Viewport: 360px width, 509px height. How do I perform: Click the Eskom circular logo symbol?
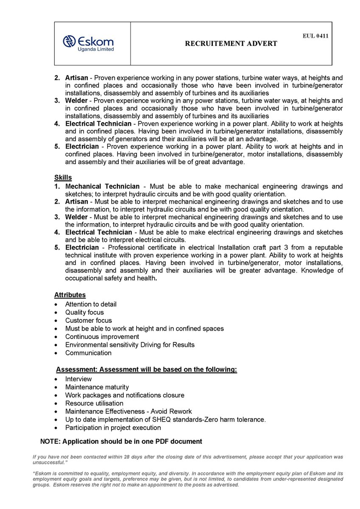coord(69,41)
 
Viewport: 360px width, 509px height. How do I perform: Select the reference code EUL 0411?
coord(315,36)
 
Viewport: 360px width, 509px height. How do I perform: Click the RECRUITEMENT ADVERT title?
coord(231,43)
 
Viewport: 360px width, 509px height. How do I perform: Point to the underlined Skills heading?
coord(63,177)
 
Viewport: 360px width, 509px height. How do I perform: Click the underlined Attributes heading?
coord(70,295)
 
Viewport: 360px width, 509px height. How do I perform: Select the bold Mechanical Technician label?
coord(102,187)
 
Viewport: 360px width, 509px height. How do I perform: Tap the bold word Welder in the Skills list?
coord(76,217)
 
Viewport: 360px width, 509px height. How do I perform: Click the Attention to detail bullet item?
coord(91,304)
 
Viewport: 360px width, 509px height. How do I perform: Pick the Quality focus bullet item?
coord(84,312)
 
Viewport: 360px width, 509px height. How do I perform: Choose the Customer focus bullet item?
coord(89,320)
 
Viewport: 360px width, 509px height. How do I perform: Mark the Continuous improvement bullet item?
coord(100,336)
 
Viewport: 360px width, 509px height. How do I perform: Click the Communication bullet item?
coord(88,353)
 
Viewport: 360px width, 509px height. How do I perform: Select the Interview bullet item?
coord(78,379)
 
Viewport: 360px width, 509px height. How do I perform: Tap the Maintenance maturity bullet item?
coord(97,387)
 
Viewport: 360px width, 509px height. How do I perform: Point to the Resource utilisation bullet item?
coord(94,403)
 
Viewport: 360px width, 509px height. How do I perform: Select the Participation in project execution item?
coord(113,428)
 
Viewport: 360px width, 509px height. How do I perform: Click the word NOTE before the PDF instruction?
coord(50,442)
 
